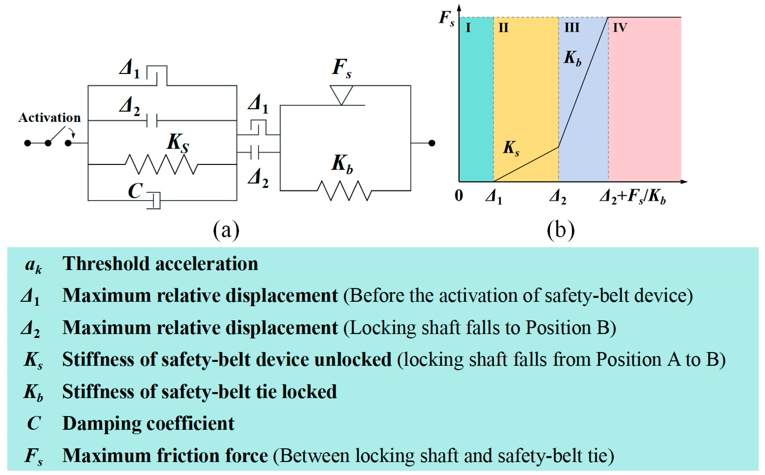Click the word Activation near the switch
pos(49,118)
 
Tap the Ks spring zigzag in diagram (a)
pos(161,164)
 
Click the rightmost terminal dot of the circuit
pos(432,143)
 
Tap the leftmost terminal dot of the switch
pos(28,143)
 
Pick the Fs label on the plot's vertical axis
pos(447,18)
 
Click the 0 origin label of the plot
pos(459,196)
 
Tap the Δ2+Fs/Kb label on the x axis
pos(633,197)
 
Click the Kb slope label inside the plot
pos(572,59)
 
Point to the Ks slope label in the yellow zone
pos(511,148)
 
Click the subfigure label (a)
pos(226,230)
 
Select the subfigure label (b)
pos(561,230)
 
